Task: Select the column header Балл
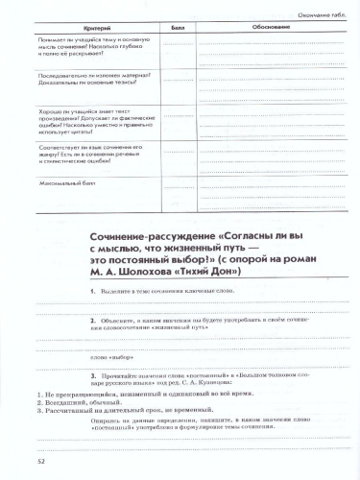(178, 30)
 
